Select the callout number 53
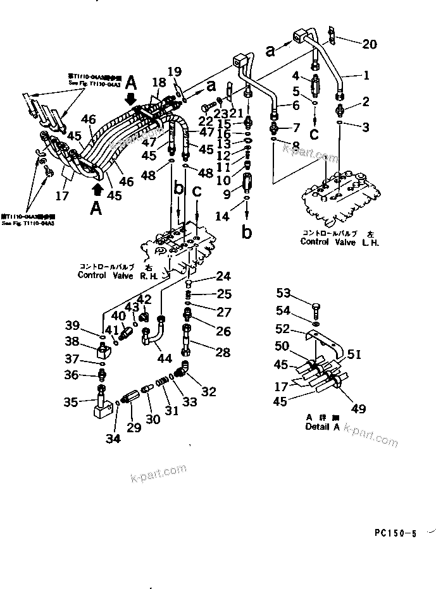[x=284, y=292]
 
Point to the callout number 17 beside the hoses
[x=61, y=196]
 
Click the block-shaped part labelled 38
[x=103, y=348]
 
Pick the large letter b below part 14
[x=247, y=232]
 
